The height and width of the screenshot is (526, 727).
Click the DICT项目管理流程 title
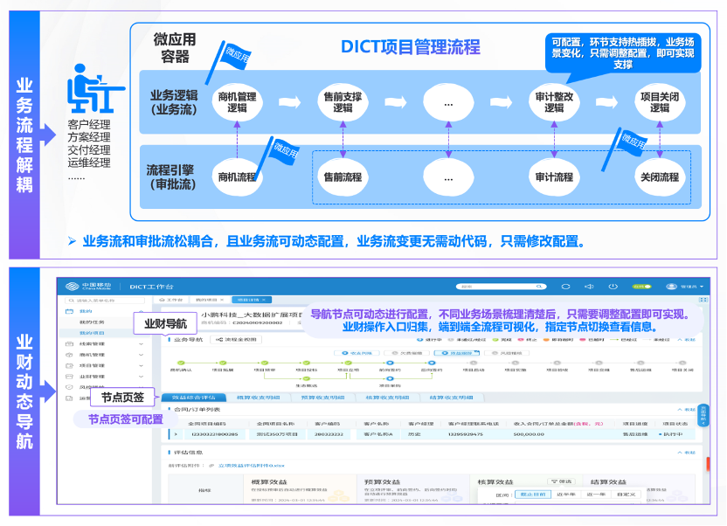click(411, 46)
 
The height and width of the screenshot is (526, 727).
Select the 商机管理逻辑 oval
click(238, 101)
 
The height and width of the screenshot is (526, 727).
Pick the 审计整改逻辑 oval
click(554, 102)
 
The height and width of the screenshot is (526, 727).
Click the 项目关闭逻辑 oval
click(660, 102)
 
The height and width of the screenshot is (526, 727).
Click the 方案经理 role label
click(89, 137)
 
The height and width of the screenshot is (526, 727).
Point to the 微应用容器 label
click(175, 48)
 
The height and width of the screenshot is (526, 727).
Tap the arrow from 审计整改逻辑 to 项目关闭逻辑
click(607, 102)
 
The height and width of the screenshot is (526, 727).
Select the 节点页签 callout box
click(122, 398)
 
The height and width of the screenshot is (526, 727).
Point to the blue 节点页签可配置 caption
click(125, 419)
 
